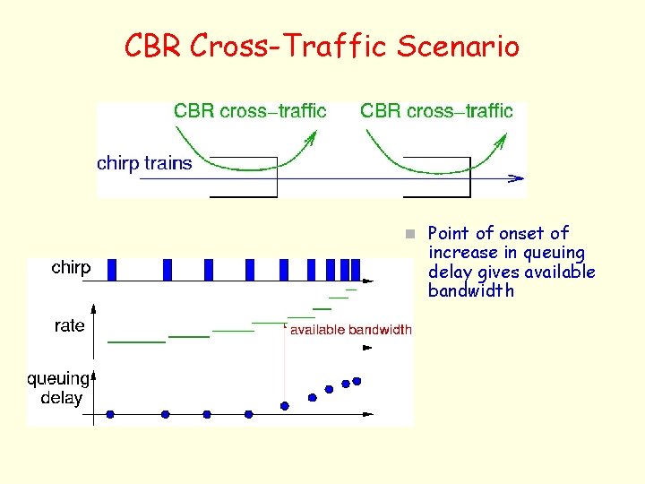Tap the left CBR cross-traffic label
click(250, 111)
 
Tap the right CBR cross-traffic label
click(436, 111)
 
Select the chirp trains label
click(144, 163)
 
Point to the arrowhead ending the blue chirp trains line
click(517, 178)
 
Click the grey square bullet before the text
click(408, 234)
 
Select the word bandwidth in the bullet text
click(471, 291)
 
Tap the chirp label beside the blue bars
click(71, 268)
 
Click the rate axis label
click(69, 325)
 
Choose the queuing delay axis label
click(58, 388)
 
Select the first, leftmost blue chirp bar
click(112, 269)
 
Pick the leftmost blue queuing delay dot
click(110, 414)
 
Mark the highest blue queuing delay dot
click(357, 381)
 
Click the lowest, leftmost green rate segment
click(136, 341)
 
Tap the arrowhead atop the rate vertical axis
click(93, 307)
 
